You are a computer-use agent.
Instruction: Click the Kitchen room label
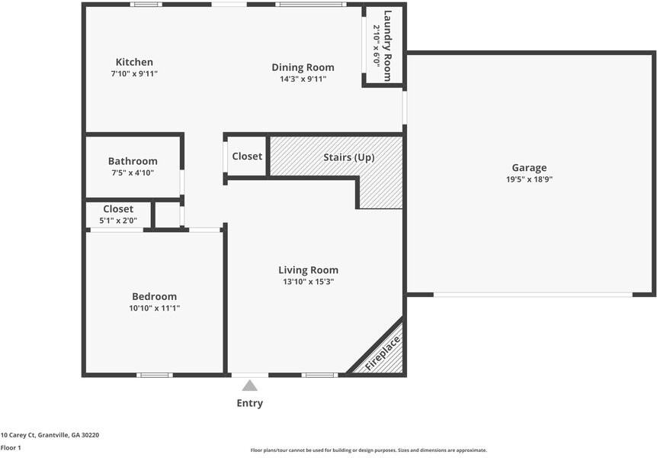tap(134, 62)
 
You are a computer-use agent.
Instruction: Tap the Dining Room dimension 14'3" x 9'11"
tap(303, 79)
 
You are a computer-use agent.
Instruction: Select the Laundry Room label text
tap(388, 46)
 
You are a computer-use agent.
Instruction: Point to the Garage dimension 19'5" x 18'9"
tap(529, 179)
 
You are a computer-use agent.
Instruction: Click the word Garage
tap(529, 168)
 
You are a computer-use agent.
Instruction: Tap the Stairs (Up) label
tap(348, 157)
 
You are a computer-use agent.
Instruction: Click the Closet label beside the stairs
tap(247, 156)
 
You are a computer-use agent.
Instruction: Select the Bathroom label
tap(133, 161)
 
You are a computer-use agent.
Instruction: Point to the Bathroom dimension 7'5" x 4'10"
tap(133, 173)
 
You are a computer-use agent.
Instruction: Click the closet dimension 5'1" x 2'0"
tap(118, 221)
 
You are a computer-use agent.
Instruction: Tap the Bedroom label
tap(154, 296)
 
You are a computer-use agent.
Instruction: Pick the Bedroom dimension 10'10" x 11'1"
tap(154, 308)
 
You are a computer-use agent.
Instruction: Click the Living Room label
tap(309, 270)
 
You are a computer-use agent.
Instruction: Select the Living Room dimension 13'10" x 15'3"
tap(309, 282)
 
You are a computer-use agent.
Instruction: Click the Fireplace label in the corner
tap(383, 353)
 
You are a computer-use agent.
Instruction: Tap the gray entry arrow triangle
tap(249, 385)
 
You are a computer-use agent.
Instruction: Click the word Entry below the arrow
tap(250, 403)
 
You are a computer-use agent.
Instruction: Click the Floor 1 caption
tap(11, 447)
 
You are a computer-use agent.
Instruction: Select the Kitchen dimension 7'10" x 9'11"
tap(134, 74)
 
